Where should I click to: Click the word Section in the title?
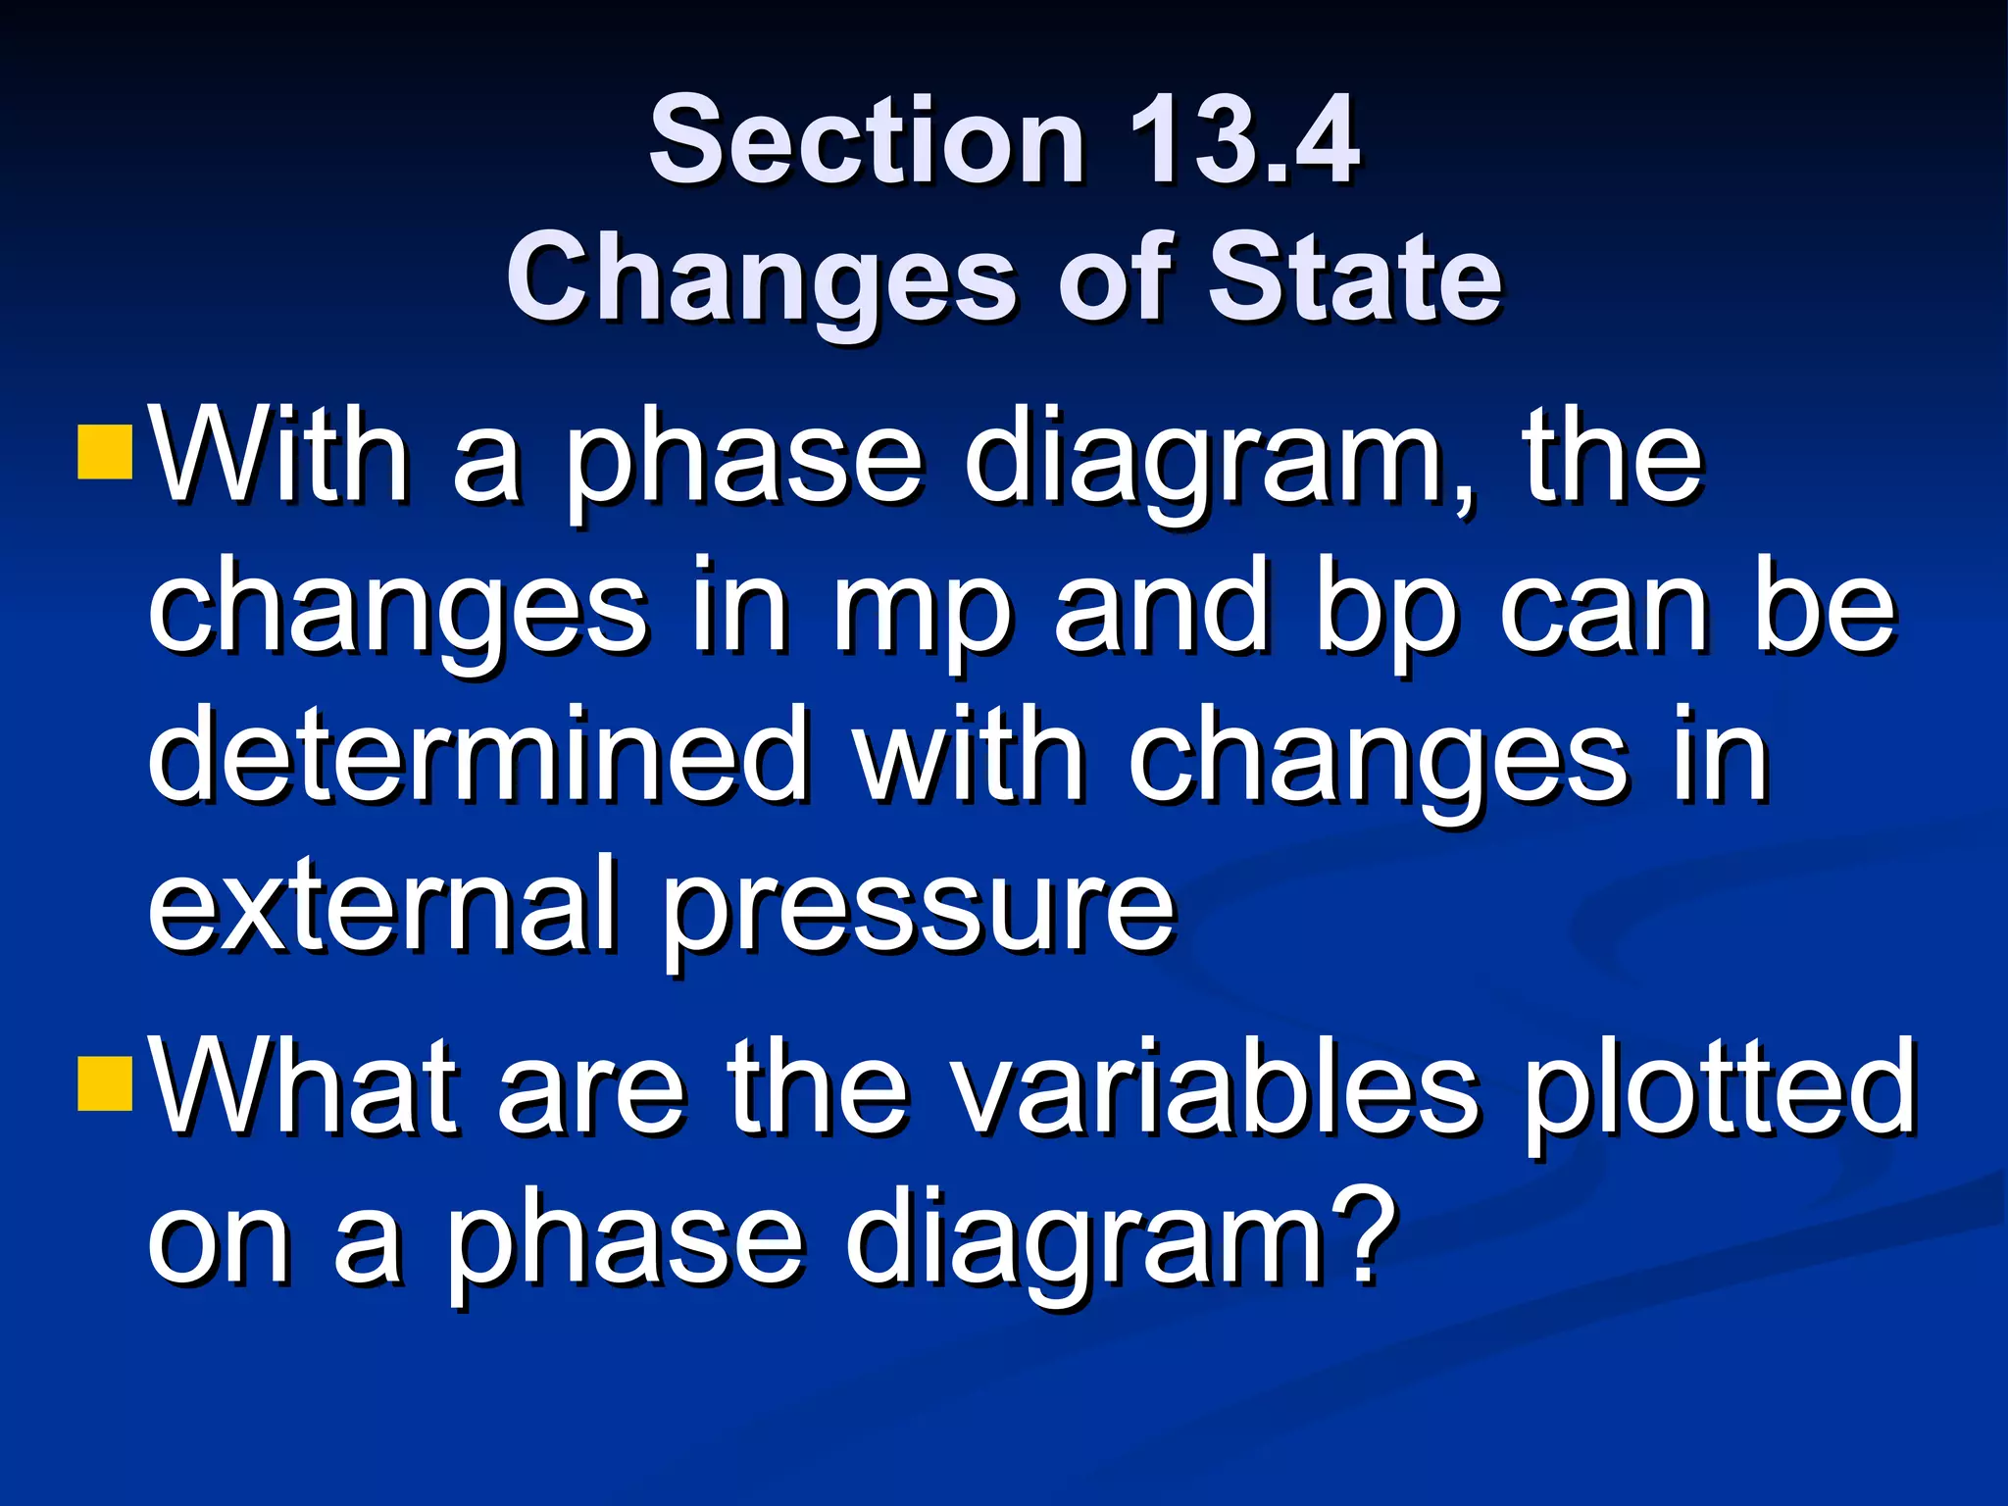[x=867, y=139]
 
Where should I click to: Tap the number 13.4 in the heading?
[x=1243, y=139]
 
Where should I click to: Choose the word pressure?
[x=919, y=912]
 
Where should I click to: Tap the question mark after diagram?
[x=1359, y=1235]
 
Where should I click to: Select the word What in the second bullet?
[x=305, y=1088]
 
